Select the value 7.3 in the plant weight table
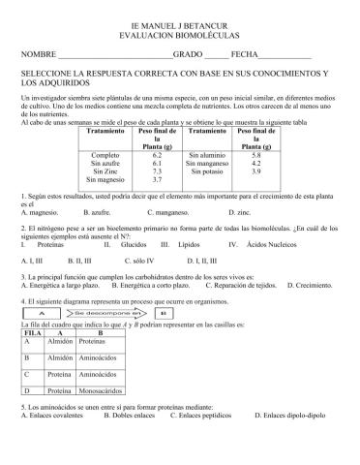coord(163,170)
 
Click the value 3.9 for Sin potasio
coord(255,170)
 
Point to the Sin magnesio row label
coord(105,179)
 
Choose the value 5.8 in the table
coord(255,154)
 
